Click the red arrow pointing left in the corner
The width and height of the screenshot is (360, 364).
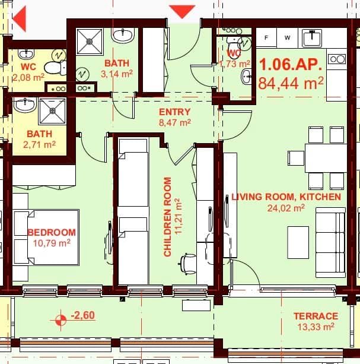[19, 18]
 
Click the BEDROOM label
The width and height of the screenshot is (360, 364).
[52, 232]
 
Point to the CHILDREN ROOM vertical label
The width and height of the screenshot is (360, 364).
[167, 217]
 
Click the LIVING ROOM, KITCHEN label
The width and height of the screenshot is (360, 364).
[286, 197]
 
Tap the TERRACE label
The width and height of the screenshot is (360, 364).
[316, 316]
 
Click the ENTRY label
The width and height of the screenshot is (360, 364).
[174, 112]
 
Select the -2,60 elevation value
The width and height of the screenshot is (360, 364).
[83, 316]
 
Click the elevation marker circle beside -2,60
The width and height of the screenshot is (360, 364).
[60, 321]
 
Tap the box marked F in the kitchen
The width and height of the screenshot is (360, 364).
[266, 38]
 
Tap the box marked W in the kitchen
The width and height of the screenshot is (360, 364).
[287, 38]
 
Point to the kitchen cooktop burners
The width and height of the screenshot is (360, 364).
[336, 59]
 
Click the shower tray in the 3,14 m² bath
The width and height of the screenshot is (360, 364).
[90, 41]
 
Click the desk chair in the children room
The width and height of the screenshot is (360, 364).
[189, 263]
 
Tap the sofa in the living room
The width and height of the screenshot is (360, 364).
[330, 241]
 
